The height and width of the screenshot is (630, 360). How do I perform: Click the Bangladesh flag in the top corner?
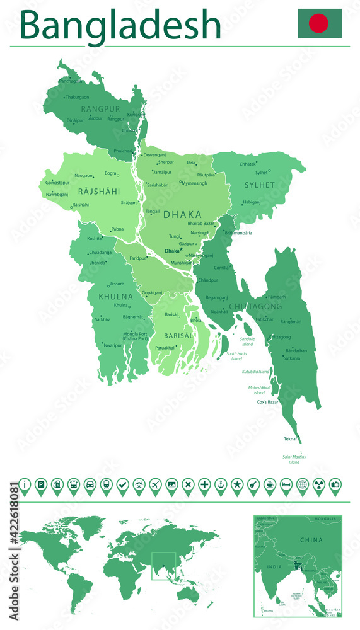[320, 23]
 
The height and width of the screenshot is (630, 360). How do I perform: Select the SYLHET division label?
[259, 185]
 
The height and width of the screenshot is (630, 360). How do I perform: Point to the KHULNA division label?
[115, 296]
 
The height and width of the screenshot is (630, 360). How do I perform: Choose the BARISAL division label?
[178, 336]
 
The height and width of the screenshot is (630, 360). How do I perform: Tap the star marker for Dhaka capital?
[181, 249]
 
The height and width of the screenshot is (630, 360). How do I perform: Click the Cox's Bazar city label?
[267, 401]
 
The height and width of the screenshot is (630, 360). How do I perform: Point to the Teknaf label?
[291, 438]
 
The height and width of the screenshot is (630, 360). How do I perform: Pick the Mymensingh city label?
[194, 183]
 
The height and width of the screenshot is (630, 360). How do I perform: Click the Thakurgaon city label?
[77, 97]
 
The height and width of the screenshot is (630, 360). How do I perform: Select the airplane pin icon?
[155, 484]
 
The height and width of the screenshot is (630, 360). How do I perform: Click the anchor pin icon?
[221, 484]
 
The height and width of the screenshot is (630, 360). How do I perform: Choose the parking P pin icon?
[41, 484]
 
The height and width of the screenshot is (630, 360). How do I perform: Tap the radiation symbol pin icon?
[318, 484]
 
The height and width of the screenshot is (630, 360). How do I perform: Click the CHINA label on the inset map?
[311, 540]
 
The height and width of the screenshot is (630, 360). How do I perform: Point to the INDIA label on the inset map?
[275, 566]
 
